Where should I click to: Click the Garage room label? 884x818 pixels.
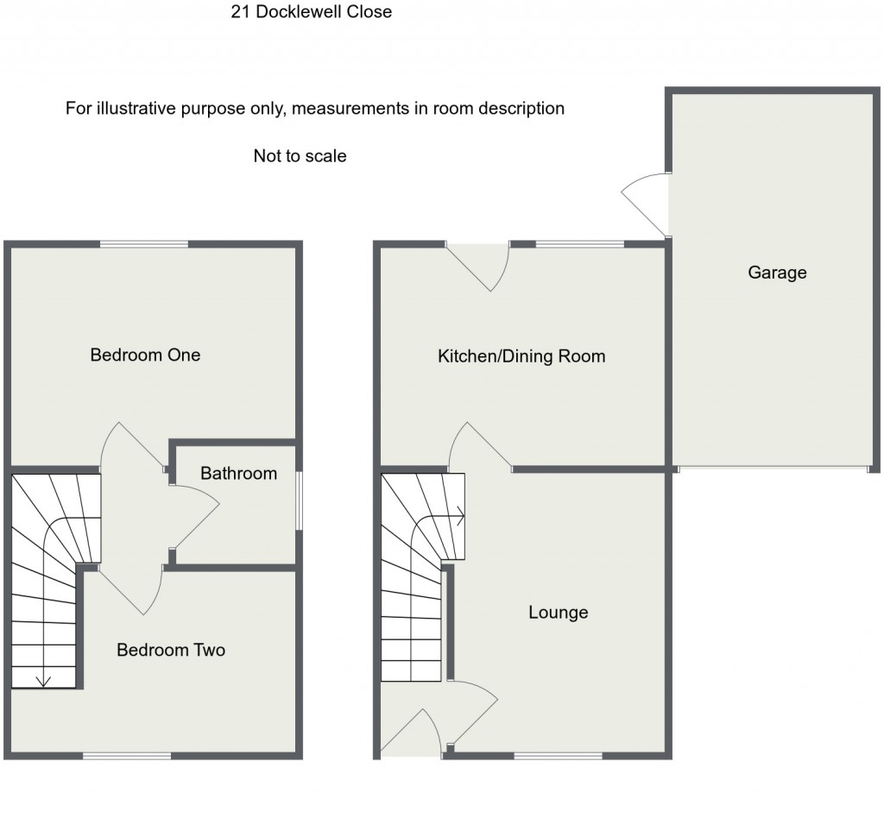point(777,273)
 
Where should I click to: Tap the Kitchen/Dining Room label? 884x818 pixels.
point(521,356)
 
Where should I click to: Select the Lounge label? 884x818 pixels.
point(558,613)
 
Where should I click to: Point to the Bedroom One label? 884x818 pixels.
point(145,355)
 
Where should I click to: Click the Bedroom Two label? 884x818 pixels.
point(171,650)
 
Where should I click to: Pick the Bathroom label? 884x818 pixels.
point(238,473)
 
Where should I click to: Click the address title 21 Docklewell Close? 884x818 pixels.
point(311,12)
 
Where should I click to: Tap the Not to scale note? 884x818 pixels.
point(300,156)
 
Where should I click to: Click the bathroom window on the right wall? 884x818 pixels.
point(299,500)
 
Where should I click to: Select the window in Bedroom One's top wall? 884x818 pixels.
point(143,245)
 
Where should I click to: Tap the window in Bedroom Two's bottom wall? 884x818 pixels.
point(127,757)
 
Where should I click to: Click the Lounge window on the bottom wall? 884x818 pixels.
point(558,757)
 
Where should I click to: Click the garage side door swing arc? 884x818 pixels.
point(643,201)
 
